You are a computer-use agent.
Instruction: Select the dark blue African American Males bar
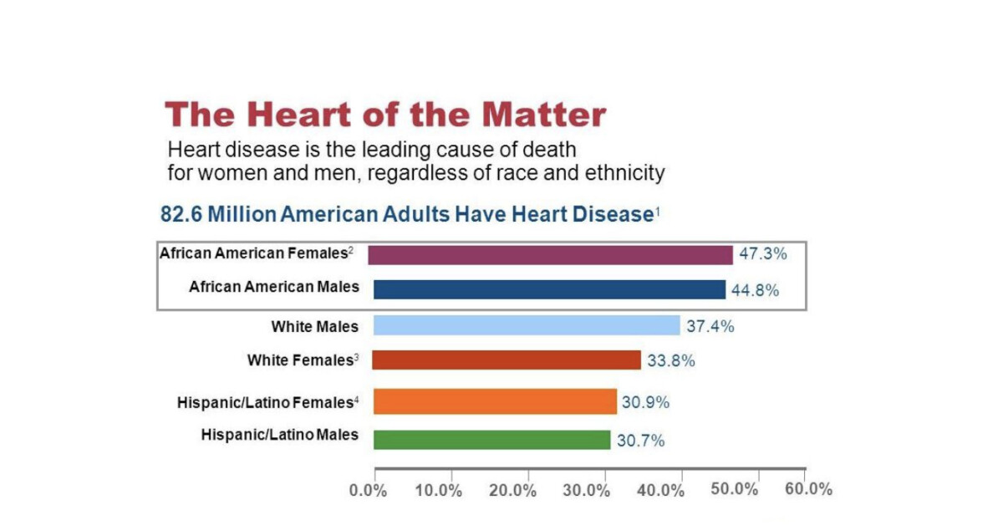[549, 289]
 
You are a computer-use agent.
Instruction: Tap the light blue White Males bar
[527, 325]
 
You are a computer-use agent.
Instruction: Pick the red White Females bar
[507, 360]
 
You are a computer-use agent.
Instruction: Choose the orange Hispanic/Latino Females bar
[495, 401]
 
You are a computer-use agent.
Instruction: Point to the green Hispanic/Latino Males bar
[491, 439]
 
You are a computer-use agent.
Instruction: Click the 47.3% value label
[762, 253]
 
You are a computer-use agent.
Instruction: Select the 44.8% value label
[756, 291]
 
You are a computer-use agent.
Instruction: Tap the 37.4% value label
[710, 326]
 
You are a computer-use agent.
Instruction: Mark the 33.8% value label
[670, 361]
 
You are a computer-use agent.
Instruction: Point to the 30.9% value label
[645, 402]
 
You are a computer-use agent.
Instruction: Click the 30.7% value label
[641, 441]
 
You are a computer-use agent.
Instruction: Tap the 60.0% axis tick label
[809, 489]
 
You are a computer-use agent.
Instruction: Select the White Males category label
[314, 326]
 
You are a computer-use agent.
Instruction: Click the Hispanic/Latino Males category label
[280, 435]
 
